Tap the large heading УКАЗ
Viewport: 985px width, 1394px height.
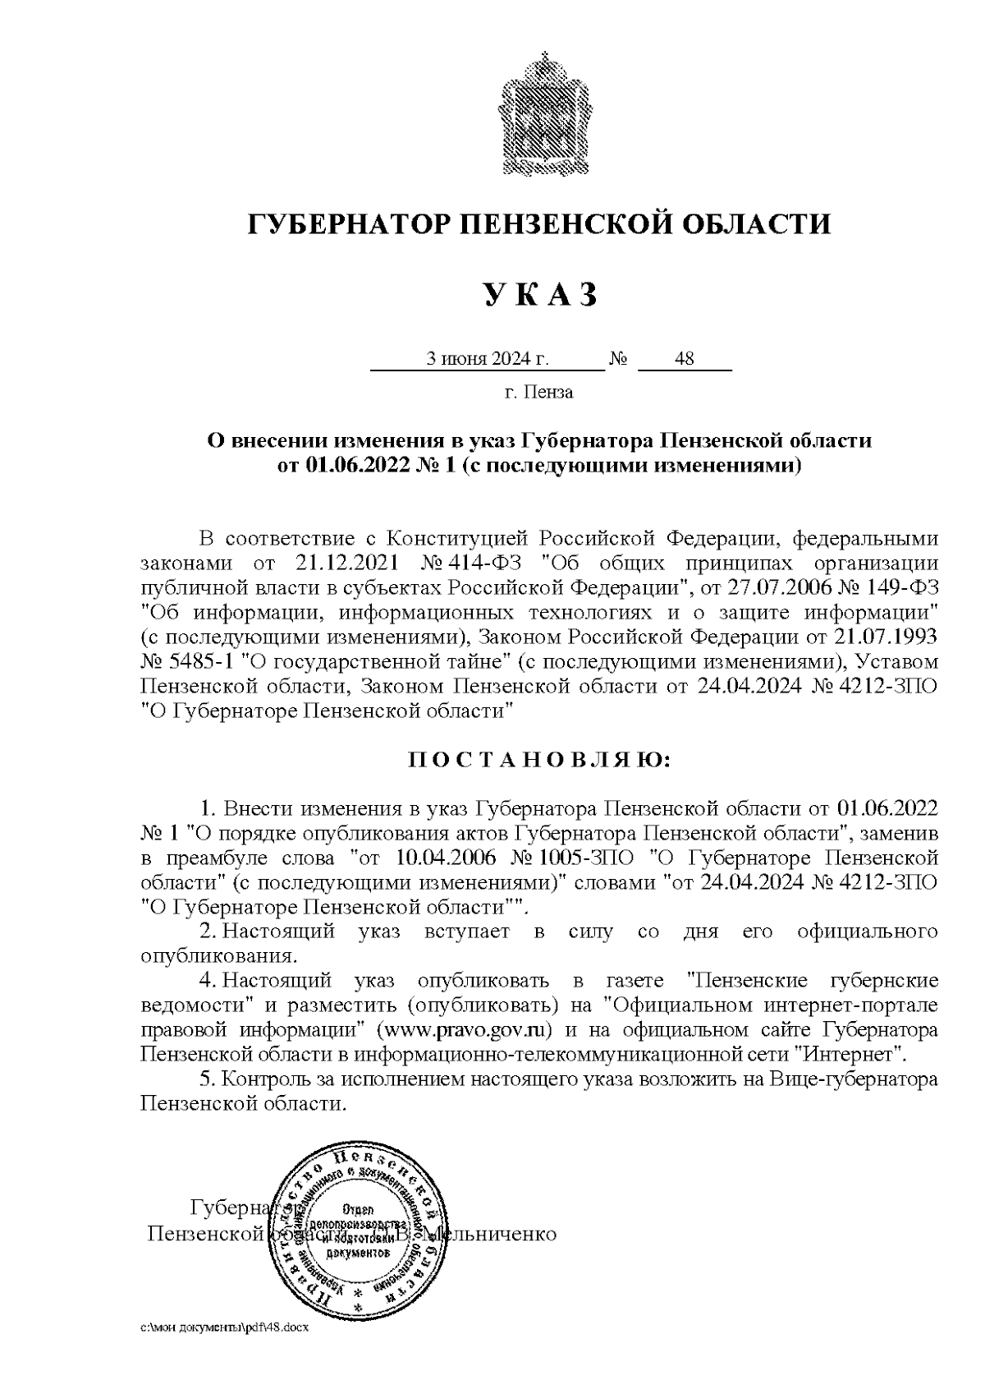[x=539, y=294]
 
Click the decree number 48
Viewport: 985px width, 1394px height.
[x=684, y=359]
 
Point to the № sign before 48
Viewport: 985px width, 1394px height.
[x=619, y=360]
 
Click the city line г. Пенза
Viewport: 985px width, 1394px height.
[x=538, y=393]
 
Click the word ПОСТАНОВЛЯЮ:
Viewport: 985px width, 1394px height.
[x=539, y=760]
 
